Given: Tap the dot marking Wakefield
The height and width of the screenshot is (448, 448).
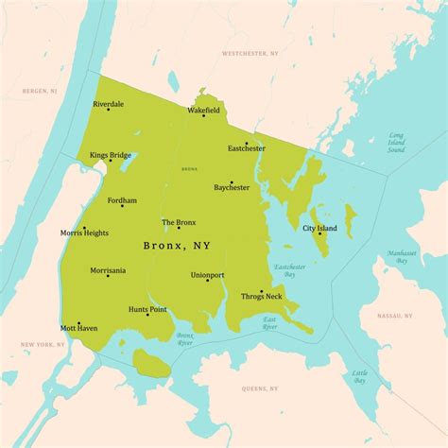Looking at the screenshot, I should coord(204,115).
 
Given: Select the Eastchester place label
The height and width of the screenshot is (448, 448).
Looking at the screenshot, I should coord(247,148).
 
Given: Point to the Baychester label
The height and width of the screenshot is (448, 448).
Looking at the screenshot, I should coord(232,187).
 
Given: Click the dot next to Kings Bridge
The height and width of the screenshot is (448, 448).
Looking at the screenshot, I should coord(111,160).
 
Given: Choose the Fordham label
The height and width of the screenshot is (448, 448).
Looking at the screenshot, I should coord(122,200).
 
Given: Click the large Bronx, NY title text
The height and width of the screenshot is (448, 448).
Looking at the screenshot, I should coord(177,246).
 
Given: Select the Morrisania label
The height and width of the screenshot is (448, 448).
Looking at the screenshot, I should coord(108,270).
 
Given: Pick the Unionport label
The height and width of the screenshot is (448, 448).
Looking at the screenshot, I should coord(207,275).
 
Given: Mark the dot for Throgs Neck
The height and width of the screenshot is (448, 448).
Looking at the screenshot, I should coord(262,291).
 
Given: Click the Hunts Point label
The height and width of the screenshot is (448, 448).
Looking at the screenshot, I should coord(147,309).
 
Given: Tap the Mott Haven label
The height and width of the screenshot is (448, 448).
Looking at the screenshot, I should coord(79,328).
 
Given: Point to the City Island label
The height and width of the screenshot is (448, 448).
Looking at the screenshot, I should coord(319,228).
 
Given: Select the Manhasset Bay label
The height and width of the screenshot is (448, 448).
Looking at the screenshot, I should coord(404,257).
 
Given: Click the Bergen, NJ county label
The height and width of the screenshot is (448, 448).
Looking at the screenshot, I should coord(41,91).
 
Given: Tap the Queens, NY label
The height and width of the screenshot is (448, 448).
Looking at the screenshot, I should coord(260,388).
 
